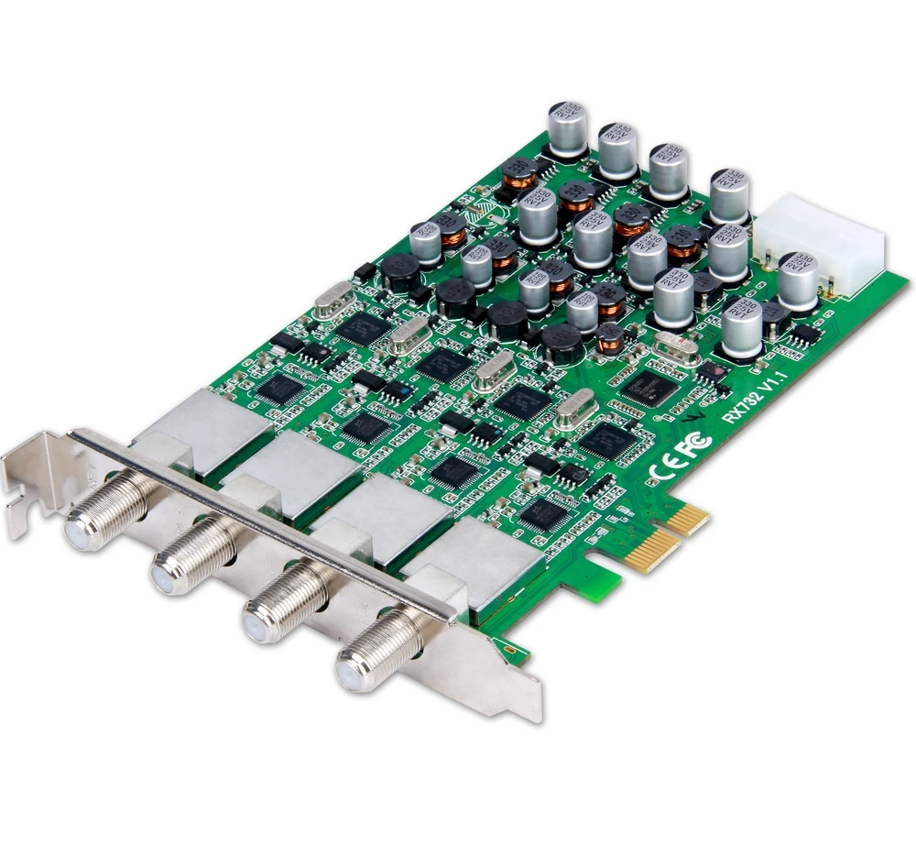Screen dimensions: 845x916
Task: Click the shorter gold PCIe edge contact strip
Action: click(689, 520)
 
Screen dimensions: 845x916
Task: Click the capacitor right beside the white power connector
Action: click(797, 279)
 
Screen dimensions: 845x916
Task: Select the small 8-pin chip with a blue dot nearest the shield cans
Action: click(395, 389)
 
